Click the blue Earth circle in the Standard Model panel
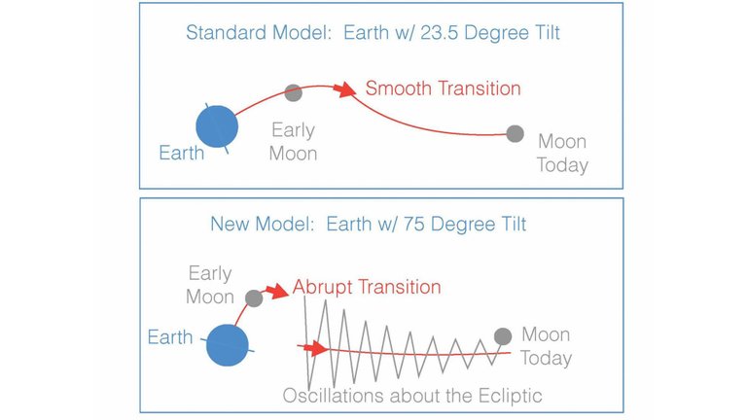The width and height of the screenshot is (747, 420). (217, 126)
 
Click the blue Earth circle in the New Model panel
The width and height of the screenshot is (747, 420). (228, 345)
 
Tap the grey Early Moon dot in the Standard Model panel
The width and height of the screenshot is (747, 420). (294, 92)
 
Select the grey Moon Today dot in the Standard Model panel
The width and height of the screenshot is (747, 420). (515, 134)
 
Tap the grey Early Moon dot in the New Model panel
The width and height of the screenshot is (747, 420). (254, 298)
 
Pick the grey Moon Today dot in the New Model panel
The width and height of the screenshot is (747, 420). (503, 336)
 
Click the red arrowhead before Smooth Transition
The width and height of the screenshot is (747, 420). (345, 89)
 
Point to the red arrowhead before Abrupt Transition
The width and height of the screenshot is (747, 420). (277, 292)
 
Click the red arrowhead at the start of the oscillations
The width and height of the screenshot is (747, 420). (316, 349)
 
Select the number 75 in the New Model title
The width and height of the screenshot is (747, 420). (413, 224)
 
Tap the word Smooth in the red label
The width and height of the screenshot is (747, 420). (398, 88)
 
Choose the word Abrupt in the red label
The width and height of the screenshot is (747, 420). (323, 287)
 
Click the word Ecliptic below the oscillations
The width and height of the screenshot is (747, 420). (511, 397)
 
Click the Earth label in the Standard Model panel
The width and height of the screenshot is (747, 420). (182, 154)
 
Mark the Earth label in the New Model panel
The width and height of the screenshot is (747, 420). (170, 337)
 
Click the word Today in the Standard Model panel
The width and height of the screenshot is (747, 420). (562, 165)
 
